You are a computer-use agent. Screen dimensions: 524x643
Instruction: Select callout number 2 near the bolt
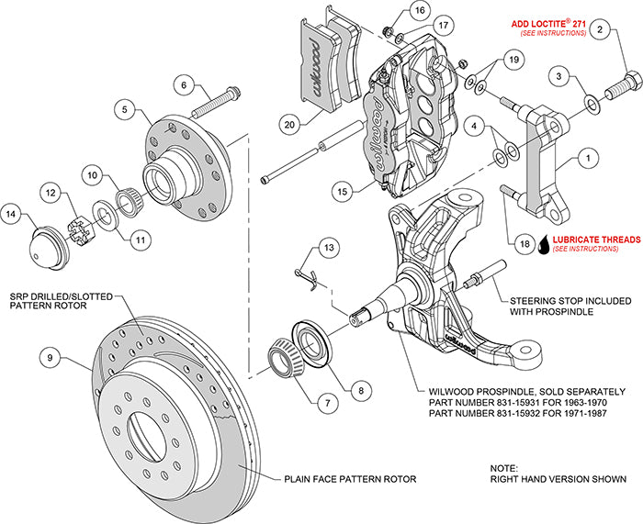pos(600,31)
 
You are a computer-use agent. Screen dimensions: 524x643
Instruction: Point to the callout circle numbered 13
pos(329,248)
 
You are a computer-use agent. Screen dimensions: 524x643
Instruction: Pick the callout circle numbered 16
pos(418,10)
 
